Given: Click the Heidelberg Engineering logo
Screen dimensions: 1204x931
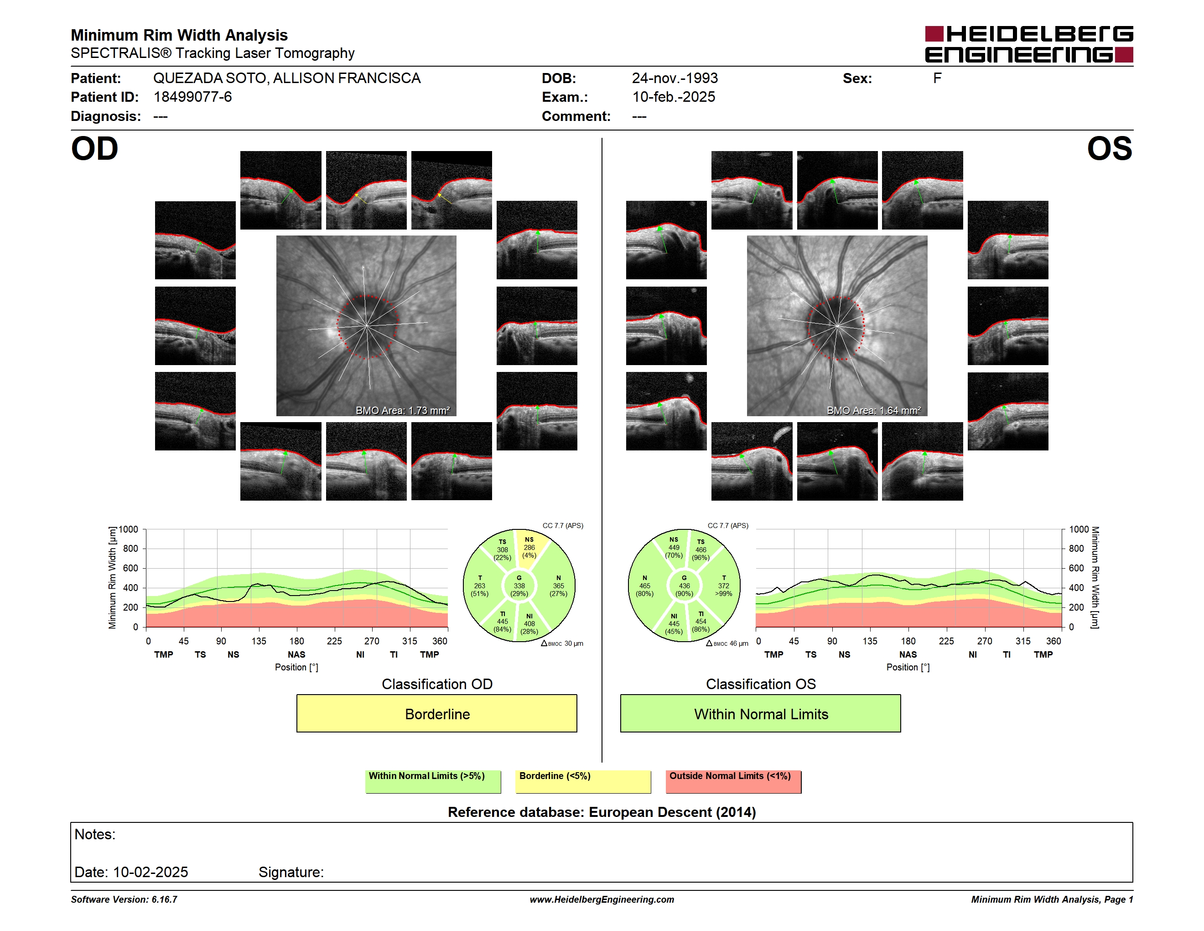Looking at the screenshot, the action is (1029, 44).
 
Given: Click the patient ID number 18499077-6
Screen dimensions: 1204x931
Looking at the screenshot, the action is (192, 97).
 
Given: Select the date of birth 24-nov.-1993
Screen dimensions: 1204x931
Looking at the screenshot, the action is (675, 78).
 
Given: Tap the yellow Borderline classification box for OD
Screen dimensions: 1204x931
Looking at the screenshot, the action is (436, 713).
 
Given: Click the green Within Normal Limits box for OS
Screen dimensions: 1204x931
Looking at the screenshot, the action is (760, 713).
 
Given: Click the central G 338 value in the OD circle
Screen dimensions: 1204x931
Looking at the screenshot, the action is (519, 586).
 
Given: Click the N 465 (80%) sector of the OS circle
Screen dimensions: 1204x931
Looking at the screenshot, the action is (644, 586).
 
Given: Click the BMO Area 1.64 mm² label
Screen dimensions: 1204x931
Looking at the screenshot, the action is (874, 410).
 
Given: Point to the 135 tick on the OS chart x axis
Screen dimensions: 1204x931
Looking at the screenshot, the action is (870, 641).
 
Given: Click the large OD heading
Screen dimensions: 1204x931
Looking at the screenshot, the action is (94, 149).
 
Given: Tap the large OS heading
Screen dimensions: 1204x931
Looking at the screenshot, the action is (1109, 149).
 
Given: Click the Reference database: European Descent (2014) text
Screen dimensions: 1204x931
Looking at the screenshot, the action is (602, 812).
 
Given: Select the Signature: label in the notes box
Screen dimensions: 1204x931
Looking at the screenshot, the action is (291, 872).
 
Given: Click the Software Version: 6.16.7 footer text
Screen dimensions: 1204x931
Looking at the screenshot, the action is (124, 900).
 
